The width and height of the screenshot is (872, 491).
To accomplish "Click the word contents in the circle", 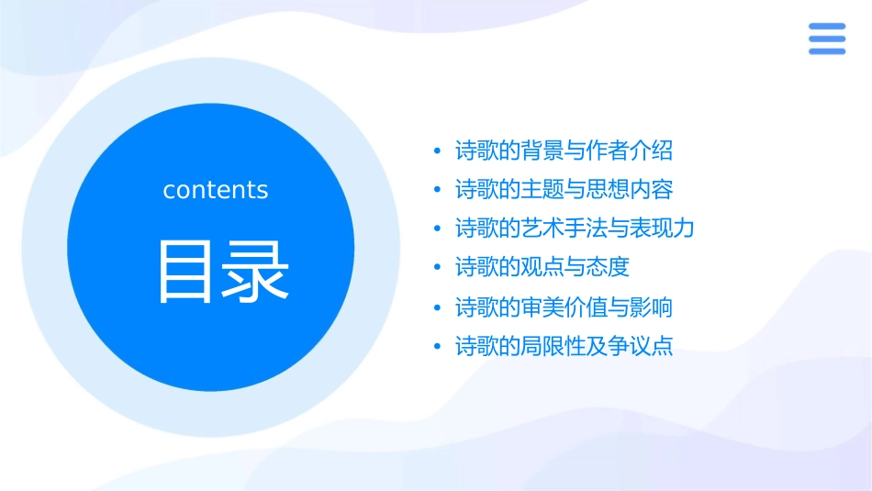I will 216,190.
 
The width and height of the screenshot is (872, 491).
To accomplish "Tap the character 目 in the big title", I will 184,273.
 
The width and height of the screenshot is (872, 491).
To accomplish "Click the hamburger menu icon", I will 826,39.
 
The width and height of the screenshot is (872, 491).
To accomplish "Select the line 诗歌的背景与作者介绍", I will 564,151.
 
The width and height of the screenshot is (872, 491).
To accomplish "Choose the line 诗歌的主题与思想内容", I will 564,190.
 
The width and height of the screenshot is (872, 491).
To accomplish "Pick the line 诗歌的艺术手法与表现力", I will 575,229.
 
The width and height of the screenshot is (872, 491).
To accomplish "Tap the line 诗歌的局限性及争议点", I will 564,346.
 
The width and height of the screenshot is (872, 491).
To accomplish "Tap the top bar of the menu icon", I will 826,28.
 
